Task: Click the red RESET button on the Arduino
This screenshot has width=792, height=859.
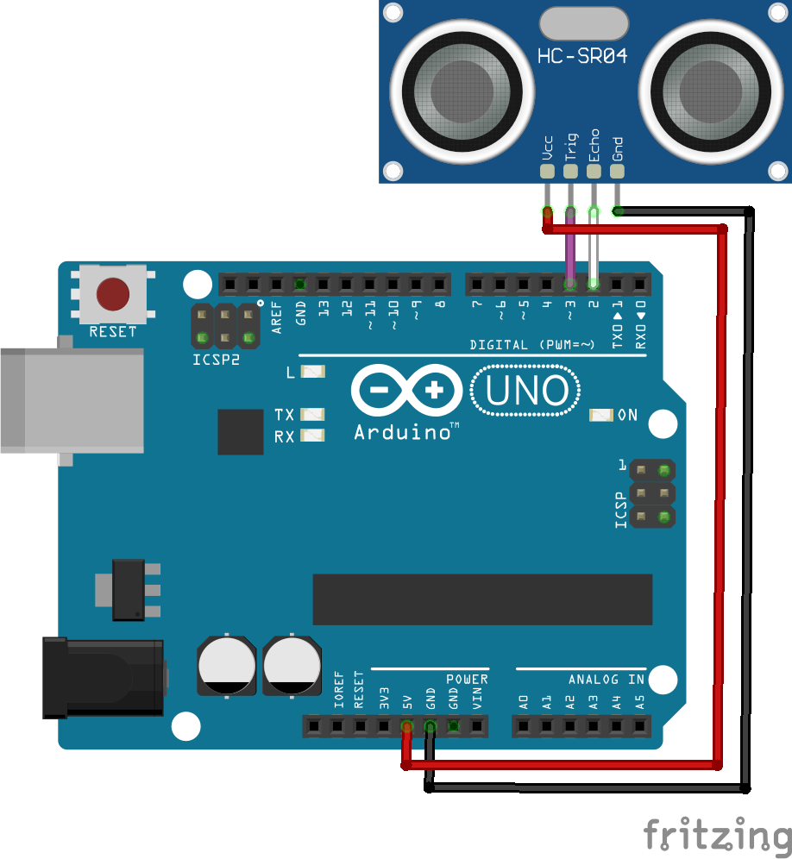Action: coord(113,294)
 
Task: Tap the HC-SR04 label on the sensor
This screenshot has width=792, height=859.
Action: coord(582,57)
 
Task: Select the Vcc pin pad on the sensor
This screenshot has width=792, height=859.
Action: coord(547,171)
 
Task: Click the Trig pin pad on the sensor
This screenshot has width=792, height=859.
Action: coord(570,171)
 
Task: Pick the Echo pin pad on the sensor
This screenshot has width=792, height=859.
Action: coord(594,171)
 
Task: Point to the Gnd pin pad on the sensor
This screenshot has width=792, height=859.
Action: coord(617,171)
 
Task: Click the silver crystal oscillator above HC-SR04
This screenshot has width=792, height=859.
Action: coord(582,23)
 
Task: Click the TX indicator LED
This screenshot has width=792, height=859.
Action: coord(312,415)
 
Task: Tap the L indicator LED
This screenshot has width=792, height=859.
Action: coord(312,373)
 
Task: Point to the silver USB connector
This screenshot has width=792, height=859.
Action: coord(72,400)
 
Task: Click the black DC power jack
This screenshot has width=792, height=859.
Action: coord(104,677)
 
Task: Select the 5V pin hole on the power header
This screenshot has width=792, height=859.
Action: coord(406,727)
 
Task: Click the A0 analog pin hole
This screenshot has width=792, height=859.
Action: coord(524,727)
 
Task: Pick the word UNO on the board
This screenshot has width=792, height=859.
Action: coord(526,391)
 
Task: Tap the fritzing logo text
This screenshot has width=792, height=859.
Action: coord(717,835)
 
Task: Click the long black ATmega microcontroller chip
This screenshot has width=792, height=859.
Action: coord(482,599)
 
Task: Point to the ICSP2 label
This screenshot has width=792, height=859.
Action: coord(216,360)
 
